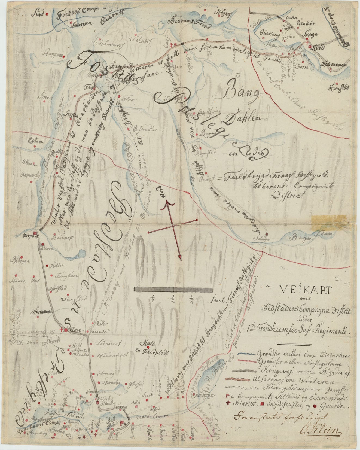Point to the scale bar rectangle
(x=173, y=290)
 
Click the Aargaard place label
(x=29, y=235)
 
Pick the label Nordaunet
(x=109, y=355)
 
